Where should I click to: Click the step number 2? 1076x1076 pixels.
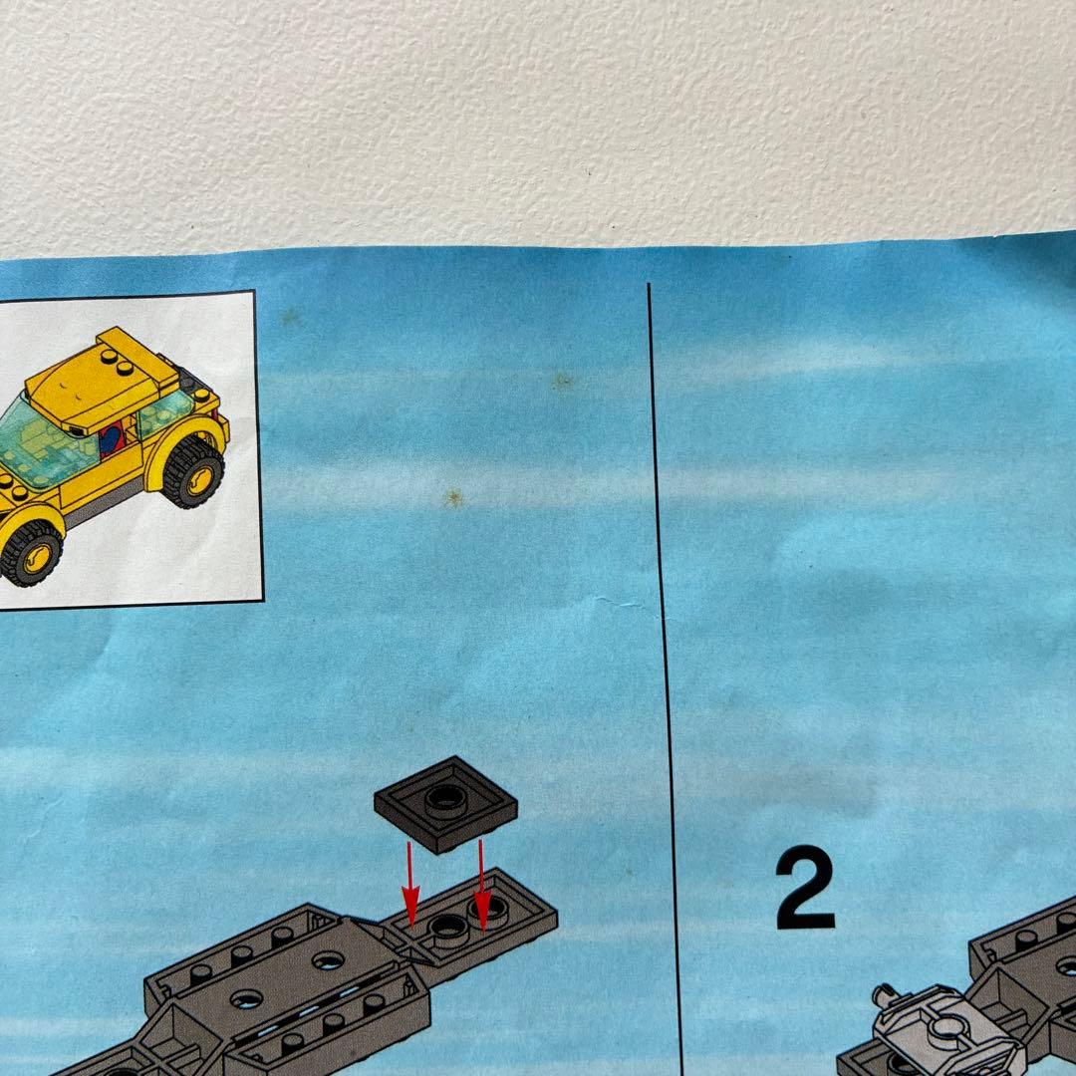coord(805,887)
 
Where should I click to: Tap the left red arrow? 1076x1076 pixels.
coord(410,885)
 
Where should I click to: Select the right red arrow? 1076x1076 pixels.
coord(482,886)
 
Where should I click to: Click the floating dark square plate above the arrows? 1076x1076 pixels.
coord(445,804)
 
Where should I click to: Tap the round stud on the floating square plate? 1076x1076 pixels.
coord(445,799)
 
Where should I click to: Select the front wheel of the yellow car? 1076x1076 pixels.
coord(30,553)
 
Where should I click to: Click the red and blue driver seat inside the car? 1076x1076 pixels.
coord(112,439)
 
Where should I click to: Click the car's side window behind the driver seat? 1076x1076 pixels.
coord(164,411)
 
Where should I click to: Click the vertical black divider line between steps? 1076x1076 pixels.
coord(665,679)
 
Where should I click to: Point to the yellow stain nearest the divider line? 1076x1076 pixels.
coord(563,380)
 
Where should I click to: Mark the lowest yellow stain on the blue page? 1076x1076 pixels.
coord(452,498)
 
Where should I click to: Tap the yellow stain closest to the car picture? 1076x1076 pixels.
coord(290,317)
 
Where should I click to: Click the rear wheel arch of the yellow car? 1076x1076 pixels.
coord(183,440)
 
